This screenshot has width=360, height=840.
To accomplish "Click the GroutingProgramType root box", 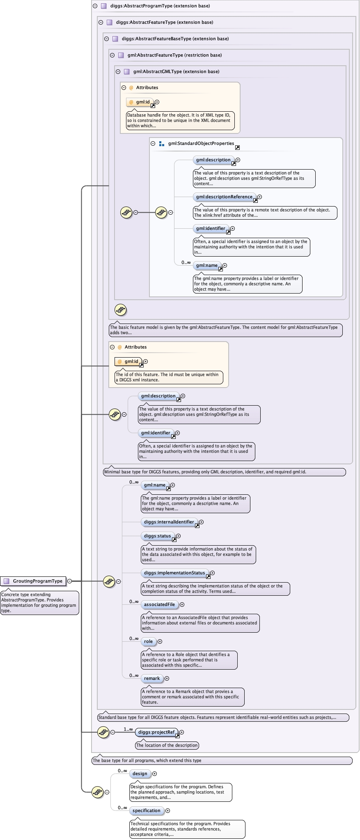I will pyautogui.click(x=34, y=581).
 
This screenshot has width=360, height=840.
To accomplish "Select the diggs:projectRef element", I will pyautogui.click(x=156, y=732).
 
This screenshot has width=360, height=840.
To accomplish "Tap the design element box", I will pyautogui.click(x=140, y=773).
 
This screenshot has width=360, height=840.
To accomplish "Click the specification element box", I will pyautogui.click(x=146, y=810).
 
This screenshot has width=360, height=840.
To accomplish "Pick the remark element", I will pyautogui.click(x=152, y=678).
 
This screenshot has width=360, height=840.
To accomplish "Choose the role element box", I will pyautogui.click(x=148, y=641).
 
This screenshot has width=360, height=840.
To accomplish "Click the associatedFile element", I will pyautogui.click(x=159, y=604).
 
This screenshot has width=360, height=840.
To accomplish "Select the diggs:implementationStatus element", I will pyautogui.click(x=174, y=573).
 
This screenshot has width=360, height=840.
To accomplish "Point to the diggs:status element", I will pyautogui.click(x=157, y=536).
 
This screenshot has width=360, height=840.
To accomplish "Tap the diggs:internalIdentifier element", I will pyautogui.click(x=169, y=522).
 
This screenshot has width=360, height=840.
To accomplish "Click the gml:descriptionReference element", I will pyautogui.click(x=224, y=197).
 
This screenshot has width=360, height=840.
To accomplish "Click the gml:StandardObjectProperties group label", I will pyautogui.click(x=201, y=143).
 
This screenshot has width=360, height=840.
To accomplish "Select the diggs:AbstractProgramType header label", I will pyautogui.click(x=160, y=6).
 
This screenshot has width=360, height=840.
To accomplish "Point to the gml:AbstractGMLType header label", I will pyautogui.click(x=176, y=71).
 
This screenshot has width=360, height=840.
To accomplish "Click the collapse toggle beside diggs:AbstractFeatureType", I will pyautogui.click(x=101, y=22).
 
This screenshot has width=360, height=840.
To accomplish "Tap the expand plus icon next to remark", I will pyautogui.click(x=167, y=678).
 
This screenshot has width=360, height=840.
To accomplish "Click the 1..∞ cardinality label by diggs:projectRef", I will pyautogui.click(x=128, y=729).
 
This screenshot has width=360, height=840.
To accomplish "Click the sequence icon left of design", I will pyautogui.click(x=97, y=792).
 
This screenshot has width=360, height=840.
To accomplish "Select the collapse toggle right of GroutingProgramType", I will pyautogui.click(x=70, y=581).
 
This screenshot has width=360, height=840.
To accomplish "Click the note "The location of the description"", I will pyautogui.click(x=167, y=745).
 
